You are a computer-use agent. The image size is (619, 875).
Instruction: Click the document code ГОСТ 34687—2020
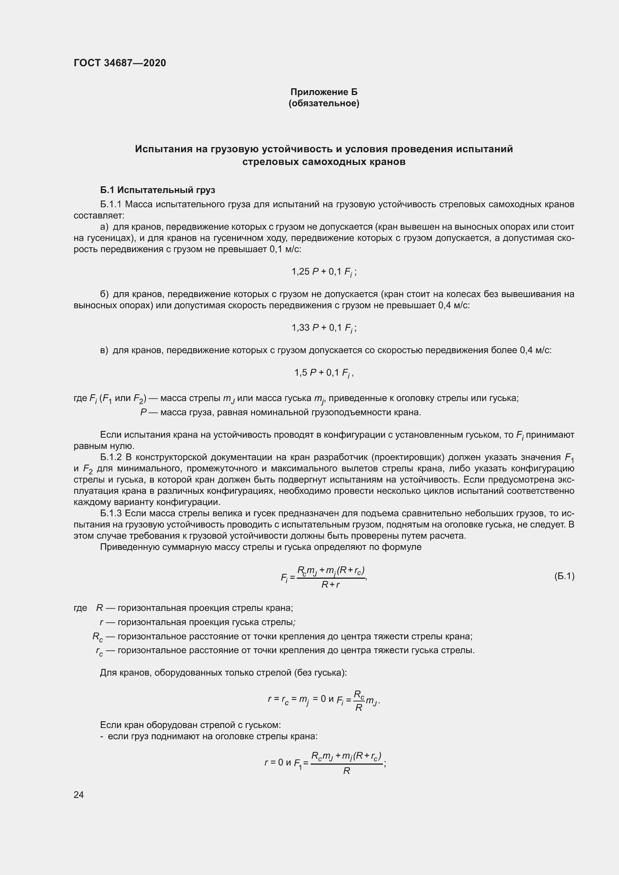pyautogui.click(x=120, y=63)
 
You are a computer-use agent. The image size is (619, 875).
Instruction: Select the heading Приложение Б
pyautogui.click(x=324, y=92)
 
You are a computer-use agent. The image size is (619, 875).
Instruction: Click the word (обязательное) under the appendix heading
pyautogui.click(x=324, y=103)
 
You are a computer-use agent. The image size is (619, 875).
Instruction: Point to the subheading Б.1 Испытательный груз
pyautogui.click(x=158, y=190)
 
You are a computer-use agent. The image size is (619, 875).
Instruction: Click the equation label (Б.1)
pyautogui.click(x=564, y=576)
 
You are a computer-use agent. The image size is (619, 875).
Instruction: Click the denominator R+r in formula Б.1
pyautogui.click(x=330, y=585)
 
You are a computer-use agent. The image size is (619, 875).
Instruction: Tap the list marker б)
pyautogui.click(x=104, y=294)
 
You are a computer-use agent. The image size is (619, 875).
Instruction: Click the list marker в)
pyautogui.click(x=104, y=350)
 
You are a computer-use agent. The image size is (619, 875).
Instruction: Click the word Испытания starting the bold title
pyautogui.click(x=164, y=149)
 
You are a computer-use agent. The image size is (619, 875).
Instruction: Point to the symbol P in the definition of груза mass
pyautogui.click(x=144, y=412)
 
